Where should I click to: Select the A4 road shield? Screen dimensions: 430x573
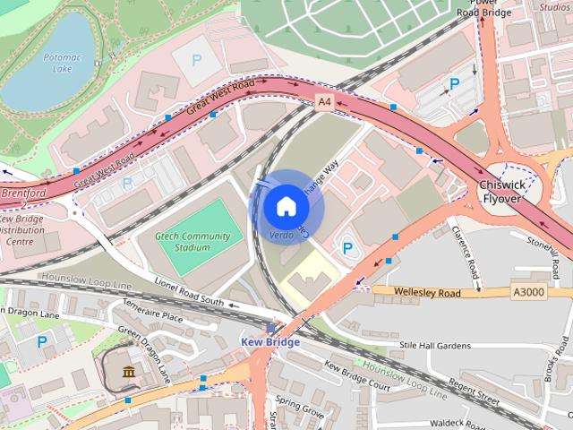(x=325, y=104)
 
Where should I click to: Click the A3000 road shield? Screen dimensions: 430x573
(x=529, y=291)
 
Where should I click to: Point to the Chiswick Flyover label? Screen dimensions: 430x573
(x=500, y=191)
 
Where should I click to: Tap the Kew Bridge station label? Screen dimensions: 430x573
(x=269, y=342)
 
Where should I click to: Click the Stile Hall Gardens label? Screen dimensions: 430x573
(x=434, y=345)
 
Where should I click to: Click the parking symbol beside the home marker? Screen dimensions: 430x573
(x=348, y=247)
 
